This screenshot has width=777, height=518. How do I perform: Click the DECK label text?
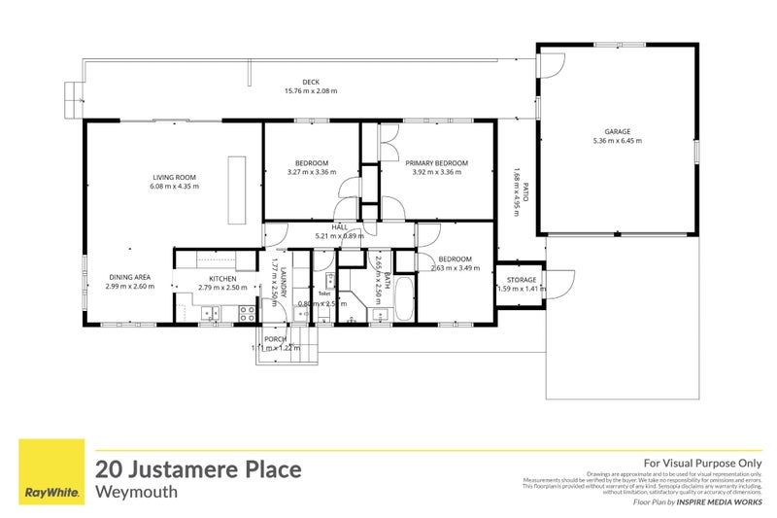click(310, 82)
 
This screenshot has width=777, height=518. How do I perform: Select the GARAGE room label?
click(617, 131)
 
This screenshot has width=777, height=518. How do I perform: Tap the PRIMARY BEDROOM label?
click(436, 162)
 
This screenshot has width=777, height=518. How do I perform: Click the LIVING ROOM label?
click(175, 177)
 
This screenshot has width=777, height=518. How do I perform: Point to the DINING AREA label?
click(130, 277)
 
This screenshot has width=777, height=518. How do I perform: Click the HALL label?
click(339, 226)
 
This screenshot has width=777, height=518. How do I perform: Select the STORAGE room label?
click(522, 279)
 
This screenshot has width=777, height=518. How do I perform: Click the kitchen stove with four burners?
click(247, 312)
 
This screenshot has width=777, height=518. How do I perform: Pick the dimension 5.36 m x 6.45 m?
click(617, 141)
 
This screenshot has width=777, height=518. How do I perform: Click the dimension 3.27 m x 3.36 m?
click(312, 172)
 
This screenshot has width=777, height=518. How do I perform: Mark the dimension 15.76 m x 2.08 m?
click(310, 91)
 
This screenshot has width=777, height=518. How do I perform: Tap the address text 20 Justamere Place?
click(198, 469)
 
